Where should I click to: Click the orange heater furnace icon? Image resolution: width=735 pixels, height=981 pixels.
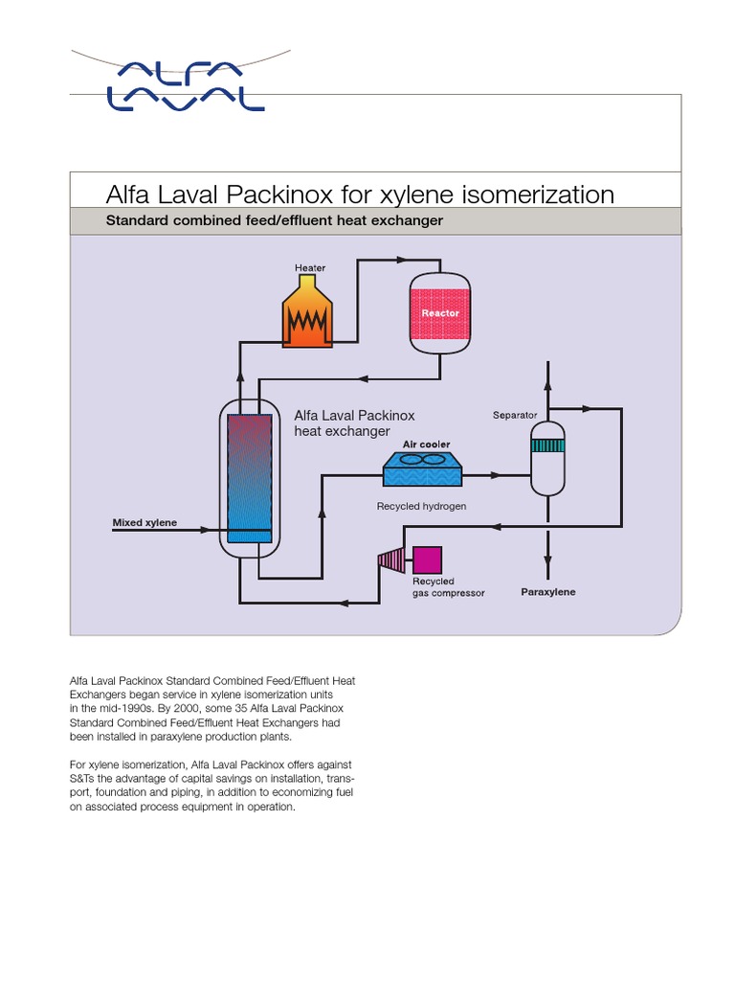308,312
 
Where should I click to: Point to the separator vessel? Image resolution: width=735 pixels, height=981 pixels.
548,457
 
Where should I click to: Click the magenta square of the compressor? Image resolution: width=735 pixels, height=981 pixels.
426,559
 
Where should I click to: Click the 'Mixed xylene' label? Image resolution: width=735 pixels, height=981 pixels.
145,523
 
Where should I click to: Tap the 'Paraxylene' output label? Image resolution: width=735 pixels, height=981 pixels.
548,592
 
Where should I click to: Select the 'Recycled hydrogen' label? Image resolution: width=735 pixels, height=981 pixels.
421,506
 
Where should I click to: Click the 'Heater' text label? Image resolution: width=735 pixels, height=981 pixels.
310,268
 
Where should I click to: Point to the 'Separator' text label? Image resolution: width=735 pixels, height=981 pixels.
515,416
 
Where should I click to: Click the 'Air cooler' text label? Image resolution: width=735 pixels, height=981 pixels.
427,445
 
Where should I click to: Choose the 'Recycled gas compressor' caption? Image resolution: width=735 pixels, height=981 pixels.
448,587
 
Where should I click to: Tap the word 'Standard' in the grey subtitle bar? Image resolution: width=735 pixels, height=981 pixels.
139,221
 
